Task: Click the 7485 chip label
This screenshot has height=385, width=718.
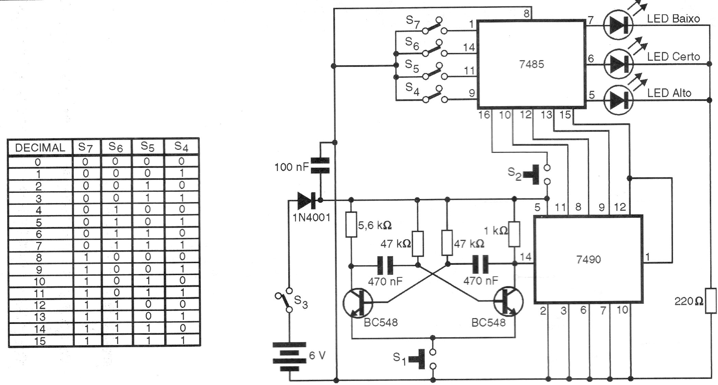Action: pyautogui.click(x=531, y=64)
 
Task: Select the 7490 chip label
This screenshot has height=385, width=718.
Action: pyautogui.click(x=588, y=260)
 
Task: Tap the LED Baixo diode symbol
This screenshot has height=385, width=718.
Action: pyautogui.click(x=618, y=25)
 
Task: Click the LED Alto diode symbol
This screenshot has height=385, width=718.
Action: pyautogui.click(x=618, y=100)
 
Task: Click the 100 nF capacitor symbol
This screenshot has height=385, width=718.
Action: pyautogui.click(x=320, y=166)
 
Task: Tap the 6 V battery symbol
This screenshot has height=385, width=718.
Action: pyautogui.click(x=289, y=357)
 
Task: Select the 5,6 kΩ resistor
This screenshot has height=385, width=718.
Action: pyautogui.click(x=351, y=225)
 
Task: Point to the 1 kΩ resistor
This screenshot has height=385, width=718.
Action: pyautogui.click(x=514, y=234)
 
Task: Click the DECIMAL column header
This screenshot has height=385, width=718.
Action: pyautogui.click(x=40, y=148)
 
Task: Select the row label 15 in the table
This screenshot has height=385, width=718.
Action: pyautogui.click(x=40, y=341)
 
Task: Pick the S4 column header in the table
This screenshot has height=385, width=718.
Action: pyautogui.click(x=181, y=147)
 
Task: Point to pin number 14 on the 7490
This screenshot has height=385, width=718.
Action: pyautogui.click(x=525, y=257)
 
